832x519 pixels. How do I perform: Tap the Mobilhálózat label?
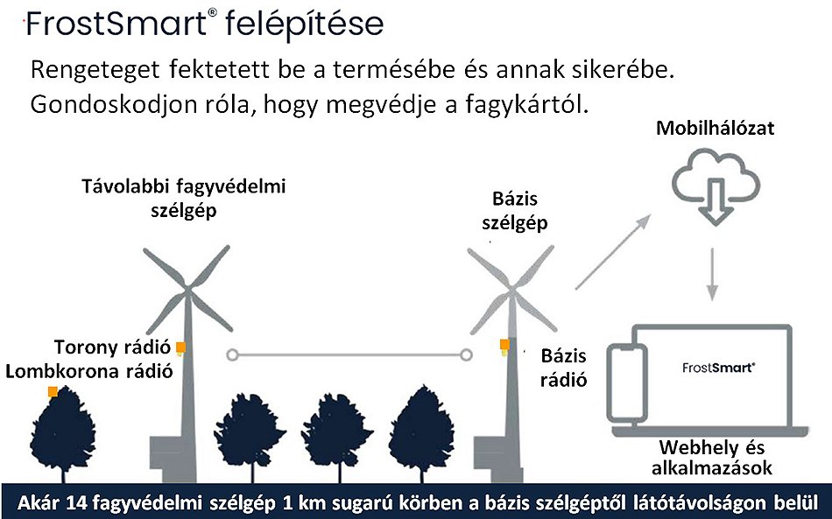click(x=716, y=129)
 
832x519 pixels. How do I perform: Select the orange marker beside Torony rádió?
click(x=180, y=347)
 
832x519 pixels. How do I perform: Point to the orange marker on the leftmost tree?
click(x=53, y=391)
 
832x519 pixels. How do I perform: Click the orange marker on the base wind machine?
click(x=504, y=345)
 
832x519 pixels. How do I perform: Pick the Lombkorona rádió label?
click(x=88, y=370)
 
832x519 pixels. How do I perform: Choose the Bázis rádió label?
click(x=564, y=368)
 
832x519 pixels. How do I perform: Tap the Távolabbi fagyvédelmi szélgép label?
click(x=183, y=198)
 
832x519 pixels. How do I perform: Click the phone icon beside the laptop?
click(x=628, y=386)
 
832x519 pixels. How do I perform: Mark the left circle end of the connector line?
click(x=232, y=354)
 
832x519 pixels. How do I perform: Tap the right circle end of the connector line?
click(x=467, y=354)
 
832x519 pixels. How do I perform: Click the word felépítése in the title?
click(x=304, y=24)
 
